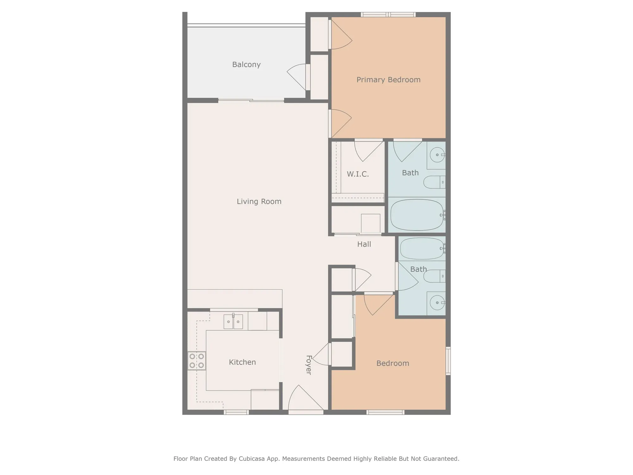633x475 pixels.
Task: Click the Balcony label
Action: coord(246,65)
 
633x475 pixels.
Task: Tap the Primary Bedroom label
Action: coord(388,80)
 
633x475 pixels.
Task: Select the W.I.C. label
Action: coord(358,174)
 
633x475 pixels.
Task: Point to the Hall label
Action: coord(364,244)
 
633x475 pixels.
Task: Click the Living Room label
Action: coord(259,201)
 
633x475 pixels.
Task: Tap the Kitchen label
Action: coord(242,362)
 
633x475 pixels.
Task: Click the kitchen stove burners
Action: coord(197,361)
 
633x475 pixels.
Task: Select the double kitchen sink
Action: coord(233,322)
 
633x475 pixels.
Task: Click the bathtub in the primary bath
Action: coord(417,215)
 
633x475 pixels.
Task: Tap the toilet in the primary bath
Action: coord(434,182)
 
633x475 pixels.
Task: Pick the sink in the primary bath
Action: coord(437,155)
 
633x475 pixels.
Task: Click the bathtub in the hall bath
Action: coord(422,249)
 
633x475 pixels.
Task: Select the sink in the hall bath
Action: coord(437,303)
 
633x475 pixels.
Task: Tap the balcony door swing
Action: coord(298,76)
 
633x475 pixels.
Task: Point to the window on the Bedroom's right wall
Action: coord(448,361)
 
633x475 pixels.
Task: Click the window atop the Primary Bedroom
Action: coord(388,15)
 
